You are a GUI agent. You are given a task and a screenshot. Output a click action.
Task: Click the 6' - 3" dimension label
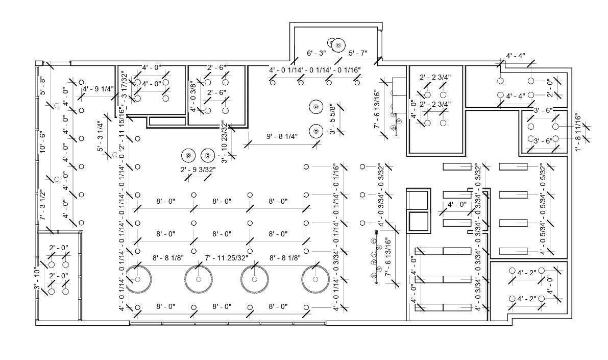[317, 53]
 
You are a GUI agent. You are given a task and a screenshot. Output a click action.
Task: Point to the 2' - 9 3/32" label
[198, 169]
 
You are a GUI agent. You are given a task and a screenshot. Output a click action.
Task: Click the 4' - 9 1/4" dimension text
[98, 88]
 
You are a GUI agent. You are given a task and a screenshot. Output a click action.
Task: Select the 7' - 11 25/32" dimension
[226, 258]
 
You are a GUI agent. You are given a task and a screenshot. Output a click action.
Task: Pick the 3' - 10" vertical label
[37, 279]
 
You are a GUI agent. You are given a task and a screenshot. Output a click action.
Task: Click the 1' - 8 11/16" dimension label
[578, 132]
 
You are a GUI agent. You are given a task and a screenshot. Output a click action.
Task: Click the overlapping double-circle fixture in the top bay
[336, 44]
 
